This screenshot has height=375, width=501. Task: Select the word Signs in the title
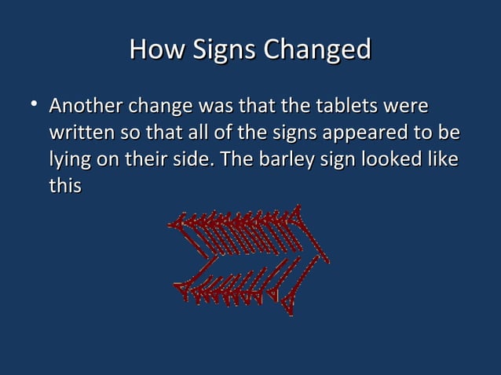pyautogui.click(x=220, y=50)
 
